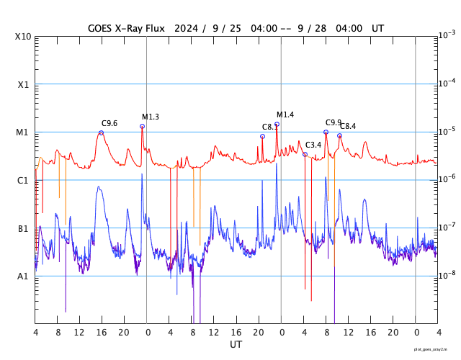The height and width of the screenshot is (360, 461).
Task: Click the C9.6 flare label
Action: click(x=109, y=123)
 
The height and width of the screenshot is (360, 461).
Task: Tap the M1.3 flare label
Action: click(x=151, y=117)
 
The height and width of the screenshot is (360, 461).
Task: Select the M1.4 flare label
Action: click(x=285, y=114)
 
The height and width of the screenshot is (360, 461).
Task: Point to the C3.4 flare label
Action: click(x=313, y=145)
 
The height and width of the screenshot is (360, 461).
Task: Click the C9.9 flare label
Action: click(x=334, y=122)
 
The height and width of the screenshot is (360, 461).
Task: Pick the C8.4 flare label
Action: click(x=348, y=126)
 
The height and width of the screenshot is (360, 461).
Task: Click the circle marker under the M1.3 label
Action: click(x=142, y=127)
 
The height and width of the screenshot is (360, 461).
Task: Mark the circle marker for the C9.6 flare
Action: click(x=101, y=132)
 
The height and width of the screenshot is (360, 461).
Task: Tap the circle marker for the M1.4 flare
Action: click(x=277, y=124)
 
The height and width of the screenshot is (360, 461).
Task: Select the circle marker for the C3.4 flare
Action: click(x=305, y=154)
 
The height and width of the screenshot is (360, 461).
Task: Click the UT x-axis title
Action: click(x=236, y=345)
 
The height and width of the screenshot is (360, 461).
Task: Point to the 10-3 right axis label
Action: click(x=446, y=35)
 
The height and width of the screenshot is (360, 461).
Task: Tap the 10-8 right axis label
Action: click(x=446, y=274)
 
